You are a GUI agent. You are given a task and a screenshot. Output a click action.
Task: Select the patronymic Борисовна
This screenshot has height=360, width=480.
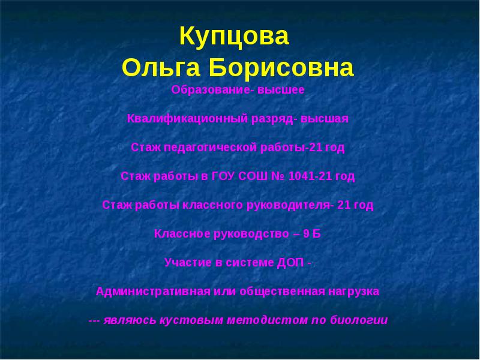click(x=281, y=68)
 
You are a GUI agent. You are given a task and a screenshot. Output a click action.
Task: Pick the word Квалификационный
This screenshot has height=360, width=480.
click(x=179, y=119)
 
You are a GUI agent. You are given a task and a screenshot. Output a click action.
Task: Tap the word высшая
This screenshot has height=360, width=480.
click(x=324, y=119)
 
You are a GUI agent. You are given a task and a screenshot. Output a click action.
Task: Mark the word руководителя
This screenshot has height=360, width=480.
click(x=287, y=205)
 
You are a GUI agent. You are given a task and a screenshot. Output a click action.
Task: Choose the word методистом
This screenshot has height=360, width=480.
click(x=266, y=320)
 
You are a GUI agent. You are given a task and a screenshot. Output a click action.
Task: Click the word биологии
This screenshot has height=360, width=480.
click(x=359, y=320)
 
